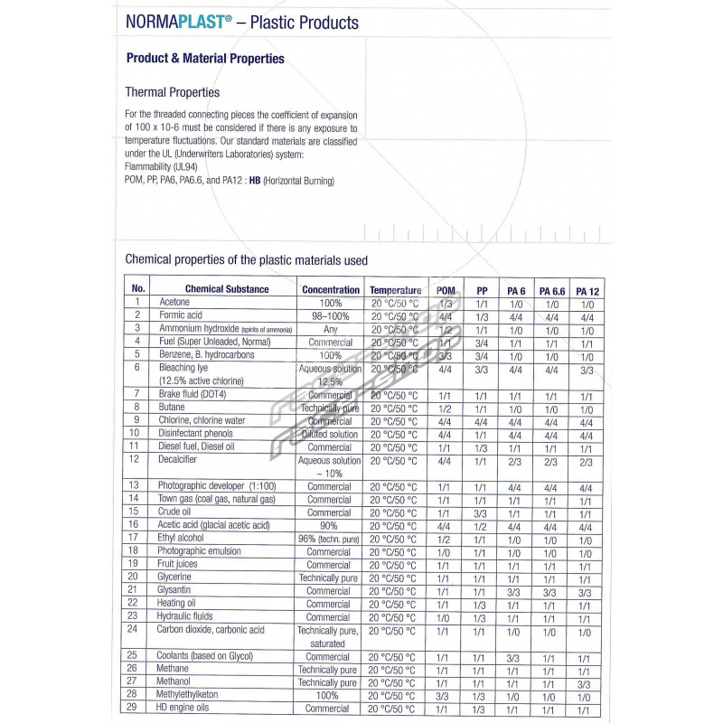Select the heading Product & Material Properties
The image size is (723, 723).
(205, 59)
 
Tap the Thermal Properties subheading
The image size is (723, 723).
(172, 92)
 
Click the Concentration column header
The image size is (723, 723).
(331, 290)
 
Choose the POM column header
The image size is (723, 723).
(445, 290)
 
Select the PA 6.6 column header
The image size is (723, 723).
(551, 291)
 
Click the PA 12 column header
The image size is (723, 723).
(587, 291)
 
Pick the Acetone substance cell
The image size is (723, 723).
(175, 303)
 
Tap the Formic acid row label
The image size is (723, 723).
(181, 315)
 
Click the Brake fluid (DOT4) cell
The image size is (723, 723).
(192, 395)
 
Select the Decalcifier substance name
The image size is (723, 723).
(177, 460)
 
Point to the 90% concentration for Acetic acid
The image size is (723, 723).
(329, 525)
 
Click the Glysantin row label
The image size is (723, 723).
(176, 591)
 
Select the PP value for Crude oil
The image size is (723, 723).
(482, 512)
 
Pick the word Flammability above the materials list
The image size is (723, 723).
(155, 168)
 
